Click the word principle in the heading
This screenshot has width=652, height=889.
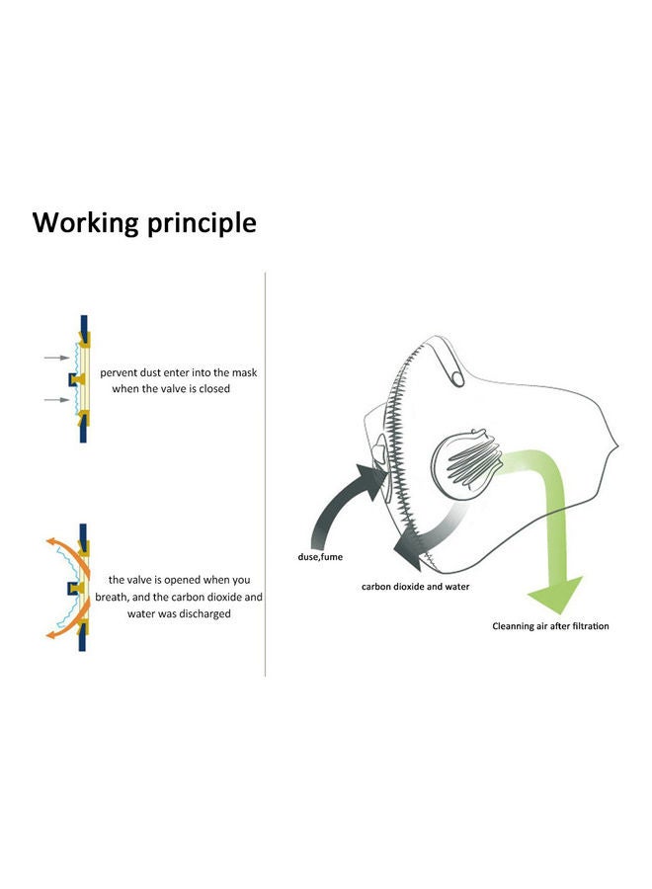click(x=202, y=223)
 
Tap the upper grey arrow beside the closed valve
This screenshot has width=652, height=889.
click(x=56, y=358)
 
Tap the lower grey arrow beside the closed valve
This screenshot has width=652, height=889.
click(x=56, y=400)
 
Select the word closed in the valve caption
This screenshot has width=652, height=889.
click(x=214, y=389)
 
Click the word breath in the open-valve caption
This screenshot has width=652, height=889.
click(x=111, y=597)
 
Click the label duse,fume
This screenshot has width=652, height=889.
click(x=320, y=557)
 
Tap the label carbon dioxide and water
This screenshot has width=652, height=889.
click(x=416, y=586)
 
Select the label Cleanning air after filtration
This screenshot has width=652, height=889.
click(x=550, y=626)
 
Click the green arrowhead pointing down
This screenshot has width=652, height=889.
click(x=554, y=595)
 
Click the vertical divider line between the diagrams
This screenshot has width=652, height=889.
click(x=266, y=474)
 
